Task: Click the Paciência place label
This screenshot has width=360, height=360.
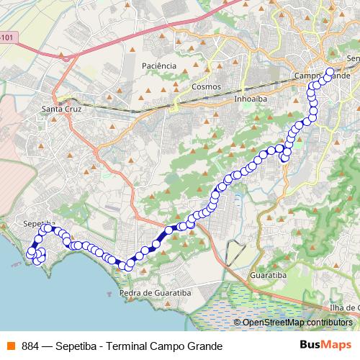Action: (159, 66)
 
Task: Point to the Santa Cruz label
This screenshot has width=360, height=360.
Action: (62, 109)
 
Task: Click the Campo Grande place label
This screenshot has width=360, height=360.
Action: (322, 76)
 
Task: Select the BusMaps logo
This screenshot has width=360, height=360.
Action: (325, 345)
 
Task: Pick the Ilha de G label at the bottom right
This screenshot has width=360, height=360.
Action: (343, 307)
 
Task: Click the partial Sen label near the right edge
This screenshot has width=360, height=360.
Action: (353, 58)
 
